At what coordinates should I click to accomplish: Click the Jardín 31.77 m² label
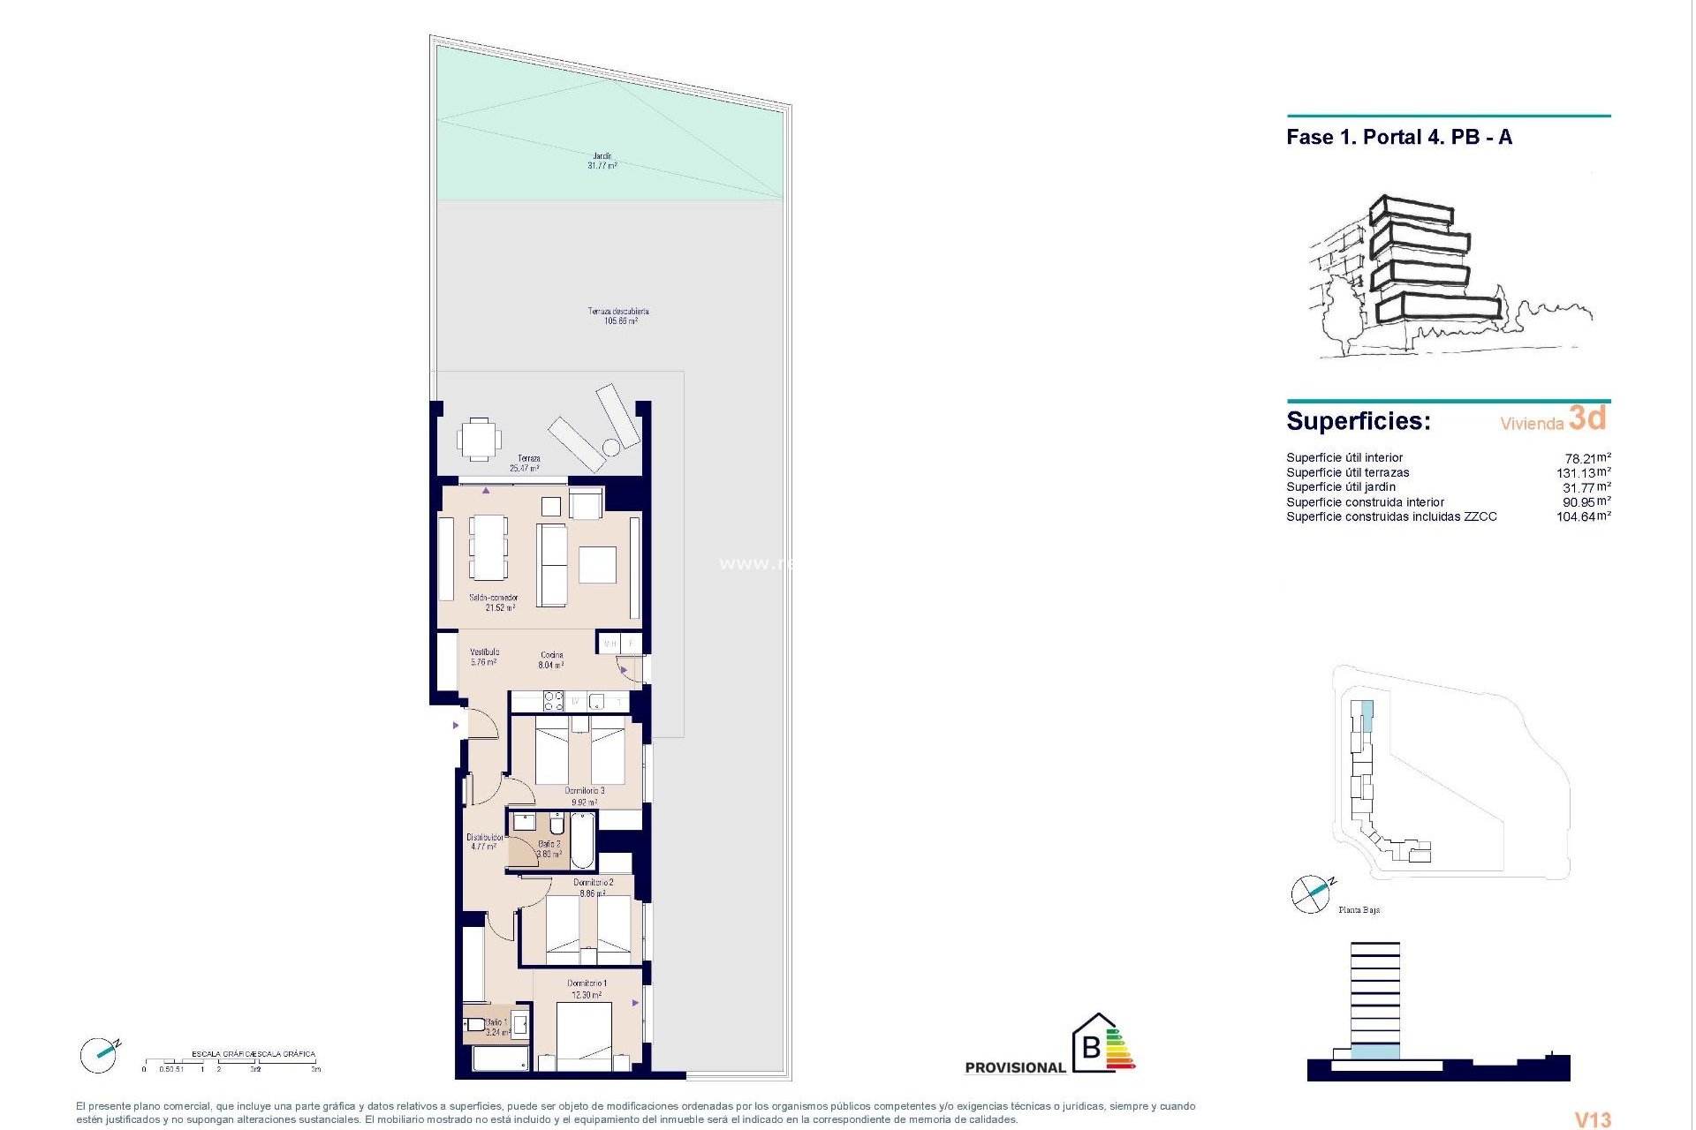(602, 161)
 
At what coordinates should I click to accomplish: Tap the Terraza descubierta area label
(619, 316)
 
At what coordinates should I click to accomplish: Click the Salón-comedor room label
(495, 603)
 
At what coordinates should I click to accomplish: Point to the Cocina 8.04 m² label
(552, 660)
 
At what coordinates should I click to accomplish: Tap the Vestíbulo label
(484, 657)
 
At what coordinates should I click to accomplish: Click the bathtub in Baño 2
(582, 840)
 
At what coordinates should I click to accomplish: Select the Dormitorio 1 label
(587, 989)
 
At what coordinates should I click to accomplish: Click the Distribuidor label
(484, 841)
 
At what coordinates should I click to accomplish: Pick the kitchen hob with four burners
(554, 701)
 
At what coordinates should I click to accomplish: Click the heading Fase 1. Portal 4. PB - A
(1400, 138)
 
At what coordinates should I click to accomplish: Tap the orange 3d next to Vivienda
(1588, 418)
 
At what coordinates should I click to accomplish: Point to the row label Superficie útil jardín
(1341, 487)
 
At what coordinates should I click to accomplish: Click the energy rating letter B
(1092, 1047)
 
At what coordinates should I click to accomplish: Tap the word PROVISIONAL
(1016, 1068)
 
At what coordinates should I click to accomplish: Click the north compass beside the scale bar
(98, 1055)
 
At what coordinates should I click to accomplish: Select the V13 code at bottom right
(1594, 1119)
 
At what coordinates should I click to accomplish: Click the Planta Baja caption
(1359, 910)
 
